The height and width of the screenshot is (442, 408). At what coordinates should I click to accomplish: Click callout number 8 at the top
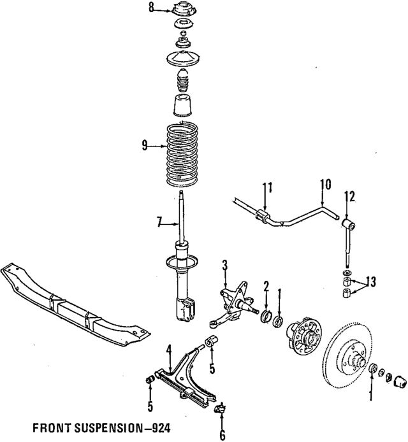(x=151, y=8)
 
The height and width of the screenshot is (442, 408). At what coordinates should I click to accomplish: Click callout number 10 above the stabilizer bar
(x=325, y=185)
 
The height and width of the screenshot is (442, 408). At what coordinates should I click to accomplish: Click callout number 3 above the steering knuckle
(x=224, y=266)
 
